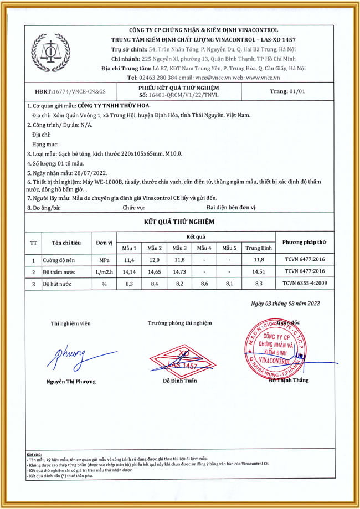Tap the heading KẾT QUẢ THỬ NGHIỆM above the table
[x=179, y=222]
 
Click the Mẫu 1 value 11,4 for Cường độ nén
[x=129, y=260]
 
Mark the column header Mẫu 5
[x=229, y=248]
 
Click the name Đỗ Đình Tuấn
[x=179, y=381]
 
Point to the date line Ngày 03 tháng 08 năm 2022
[x=285, y=304]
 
